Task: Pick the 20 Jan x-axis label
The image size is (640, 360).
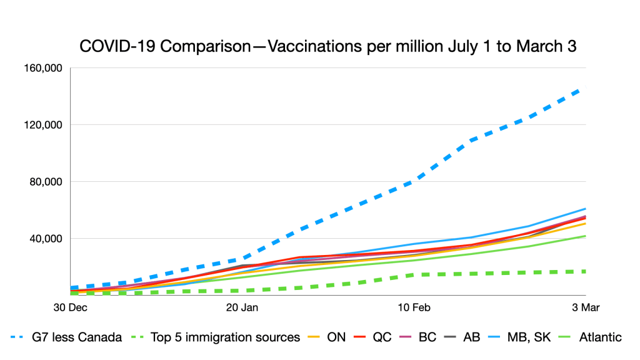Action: coord(241,307)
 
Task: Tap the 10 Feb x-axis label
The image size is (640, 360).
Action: coord(414,307)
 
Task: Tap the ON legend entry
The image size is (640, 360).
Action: coord(339,337)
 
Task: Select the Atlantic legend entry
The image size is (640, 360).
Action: coord(600,337)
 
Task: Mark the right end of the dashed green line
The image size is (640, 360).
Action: coord(585,271)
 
